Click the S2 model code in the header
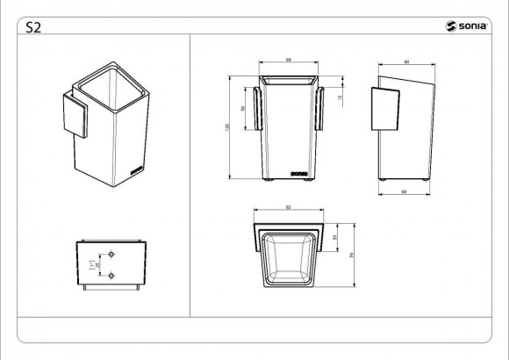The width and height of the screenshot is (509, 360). [33, 26]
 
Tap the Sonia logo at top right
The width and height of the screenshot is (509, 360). [465, 26]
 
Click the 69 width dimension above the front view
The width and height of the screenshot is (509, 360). [289, 60]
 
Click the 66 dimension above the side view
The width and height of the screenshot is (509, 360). [406, 61]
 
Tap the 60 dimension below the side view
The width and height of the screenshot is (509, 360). [403, 191]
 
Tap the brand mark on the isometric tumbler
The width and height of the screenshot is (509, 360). [134, 161]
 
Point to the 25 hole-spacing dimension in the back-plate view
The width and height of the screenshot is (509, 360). [98, 263]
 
